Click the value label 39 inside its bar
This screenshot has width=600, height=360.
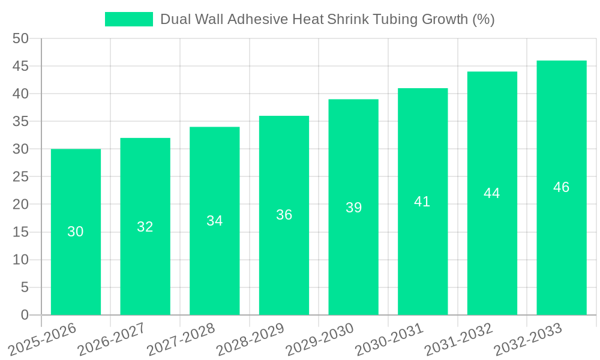pos(353,208)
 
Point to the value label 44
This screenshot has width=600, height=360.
pos(492,193)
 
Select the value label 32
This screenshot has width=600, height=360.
pos(145,227)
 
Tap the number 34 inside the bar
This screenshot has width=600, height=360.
pos(215,221)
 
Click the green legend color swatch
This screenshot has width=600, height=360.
pos(128,19)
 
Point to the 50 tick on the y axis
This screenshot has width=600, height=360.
pos(20,38)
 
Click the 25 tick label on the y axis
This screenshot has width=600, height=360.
pos(20,177)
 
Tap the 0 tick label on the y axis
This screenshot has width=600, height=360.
pos(25,315)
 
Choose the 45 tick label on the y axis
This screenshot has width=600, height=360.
pos(20,66)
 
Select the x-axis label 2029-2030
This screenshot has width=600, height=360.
pos(319,339)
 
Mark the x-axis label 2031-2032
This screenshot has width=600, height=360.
pos(458,339)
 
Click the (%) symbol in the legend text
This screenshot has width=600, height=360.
pos(483,19)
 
